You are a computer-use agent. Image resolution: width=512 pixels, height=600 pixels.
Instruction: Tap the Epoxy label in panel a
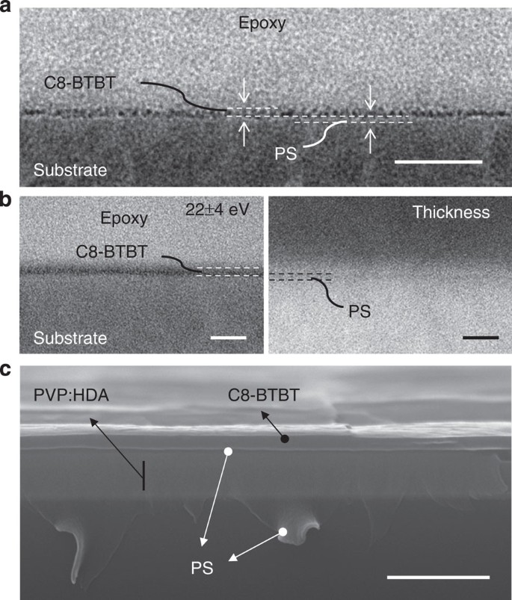pyautogui.click(x=262, y=25)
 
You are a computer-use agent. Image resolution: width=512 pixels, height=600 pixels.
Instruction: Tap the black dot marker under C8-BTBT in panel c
pyautogui.click(x=285, y=439)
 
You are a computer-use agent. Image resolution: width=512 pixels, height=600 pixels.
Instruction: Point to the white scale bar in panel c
pyautogui.click(x=439, y=576)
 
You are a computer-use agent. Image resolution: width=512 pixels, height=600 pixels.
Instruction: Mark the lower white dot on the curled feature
pyautogui.click(x=283, y=531)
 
